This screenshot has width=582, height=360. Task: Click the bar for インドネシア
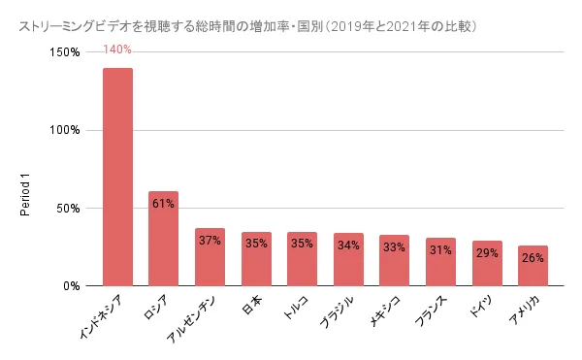pos(117,177)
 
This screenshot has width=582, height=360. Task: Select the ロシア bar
pos(163,239)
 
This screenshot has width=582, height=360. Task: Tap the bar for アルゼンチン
pos(210,257)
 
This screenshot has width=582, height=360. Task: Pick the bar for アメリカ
pos(533,266)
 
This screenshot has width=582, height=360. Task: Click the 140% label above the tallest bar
pos(117,49)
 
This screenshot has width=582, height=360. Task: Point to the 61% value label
pos(163,204)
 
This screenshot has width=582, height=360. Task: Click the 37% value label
pos(210,241)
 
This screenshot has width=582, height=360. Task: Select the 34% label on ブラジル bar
pos(348,245)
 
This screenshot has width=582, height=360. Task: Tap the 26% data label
pos(533,257)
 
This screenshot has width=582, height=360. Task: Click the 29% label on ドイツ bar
pos(487,253)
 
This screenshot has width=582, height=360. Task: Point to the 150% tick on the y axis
pos(65,52)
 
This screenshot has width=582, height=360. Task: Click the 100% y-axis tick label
pos(65,130)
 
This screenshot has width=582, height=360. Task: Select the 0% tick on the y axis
pos(72,286)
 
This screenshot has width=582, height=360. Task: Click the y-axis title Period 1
pos(25,194)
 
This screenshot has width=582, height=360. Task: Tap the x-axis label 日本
pos(252,305)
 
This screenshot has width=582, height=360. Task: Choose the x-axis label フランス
pos(431,311)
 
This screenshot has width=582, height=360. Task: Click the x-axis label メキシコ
pos(385,311)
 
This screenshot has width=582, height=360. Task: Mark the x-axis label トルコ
pos(296,308)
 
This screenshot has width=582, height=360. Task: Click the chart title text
pos(248,27)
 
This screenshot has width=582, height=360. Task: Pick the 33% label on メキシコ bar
pos(394,246)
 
